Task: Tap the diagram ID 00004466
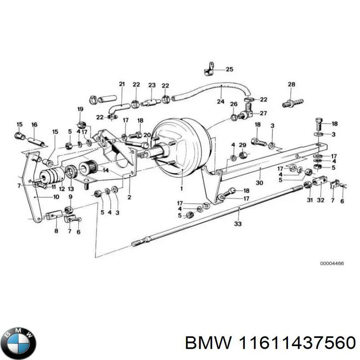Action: coord(332,263)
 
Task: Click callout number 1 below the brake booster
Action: coord(181,188)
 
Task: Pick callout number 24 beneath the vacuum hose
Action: coord(220,102)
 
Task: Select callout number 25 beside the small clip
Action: coord(229,69)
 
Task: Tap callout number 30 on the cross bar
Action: coord(259,183)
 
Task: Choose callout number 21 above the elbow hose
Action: coord(121,84)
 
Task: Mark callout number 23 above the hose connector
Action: coord(152,85)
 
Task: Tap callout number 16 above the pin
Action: coord(34,125)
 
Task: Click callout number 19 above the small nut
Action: coord(80,109)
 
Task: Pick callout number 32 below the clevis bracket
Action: coord(320,200)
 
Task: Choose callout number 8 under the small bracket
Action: coord(56,231)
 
